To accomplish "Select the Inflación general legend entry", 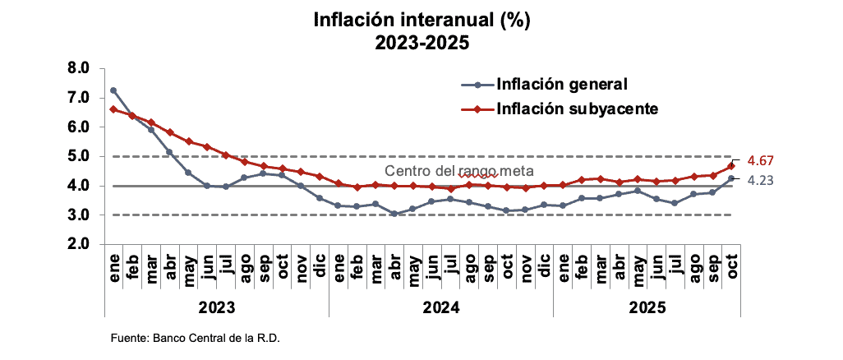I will coord(562,84).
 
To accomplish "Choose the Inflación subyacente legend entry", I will coord(576,108).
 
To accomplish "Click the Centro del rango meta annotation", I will coord(459,172).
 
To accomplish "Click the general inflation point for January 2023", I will coord(113,90).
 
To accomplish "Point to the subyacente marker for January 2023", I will coord(113,109).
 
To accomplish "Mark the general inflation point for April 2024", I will coord(394,214).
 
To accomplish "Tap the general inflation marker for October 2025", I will coord(730,178).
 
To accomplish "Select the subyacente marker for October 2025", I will coord(730,166).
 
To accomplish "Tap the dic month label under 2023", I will coord(320,268).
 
